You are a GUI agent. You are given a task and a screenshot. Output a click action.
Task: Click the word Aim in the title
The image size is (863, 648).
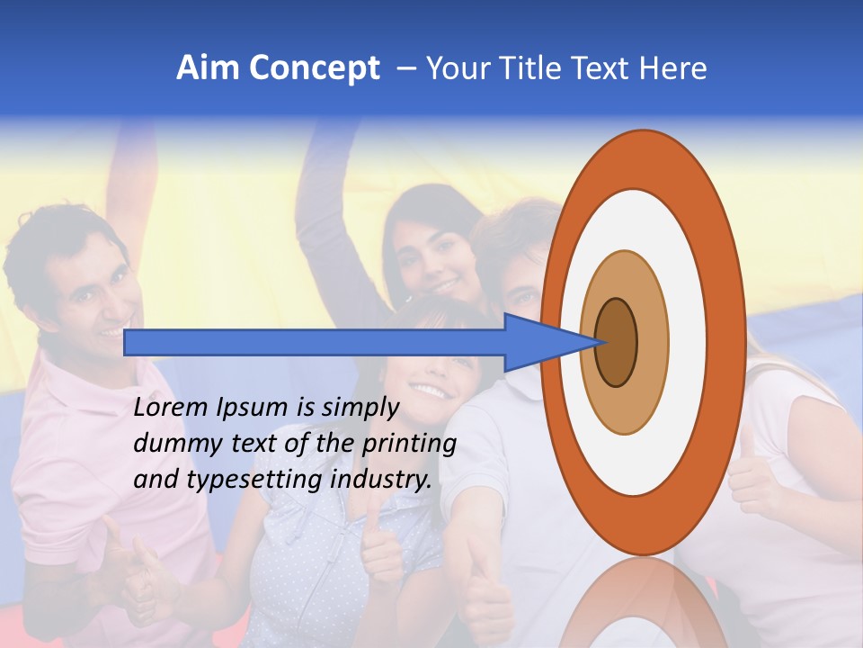(209, 68)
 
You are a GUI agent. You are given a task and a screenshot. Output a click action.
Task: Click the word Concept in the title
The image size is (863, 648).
(315, 68)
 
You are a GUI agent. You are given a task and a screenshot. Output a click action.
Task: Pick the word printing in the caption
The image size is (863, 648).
(409, 445)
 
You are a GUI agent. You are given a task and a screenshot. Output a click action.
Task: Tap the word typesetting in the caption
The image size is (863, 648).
(242, 481)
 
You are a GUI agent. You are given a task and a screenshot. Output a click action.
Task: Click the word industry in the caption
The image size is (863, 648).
(381, 480)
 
